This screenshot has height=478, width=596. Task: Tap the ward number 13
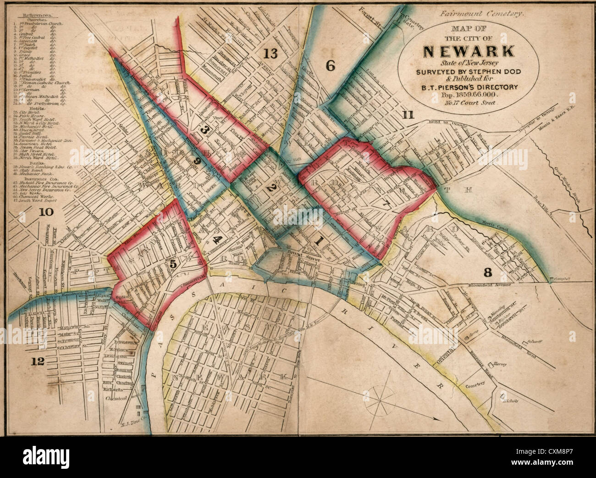tap(270, 54)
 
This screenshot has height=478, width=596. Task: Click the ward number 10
tap(46, 212)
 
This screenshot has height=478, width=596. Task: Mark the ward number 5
tap(173, 264)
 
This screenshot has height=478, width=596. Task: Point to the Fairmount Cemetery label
tap(480, 14)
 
